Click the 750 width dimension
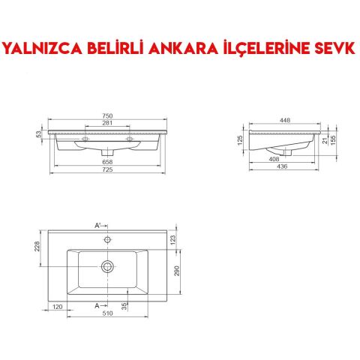point(107,115)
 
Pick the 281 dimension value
point(107,123)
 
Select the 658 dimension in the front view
point(107,161)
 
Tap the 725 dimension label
point(107,170)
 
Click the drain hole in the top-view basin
point(108,265)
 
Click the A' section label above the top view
point(97,225)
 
